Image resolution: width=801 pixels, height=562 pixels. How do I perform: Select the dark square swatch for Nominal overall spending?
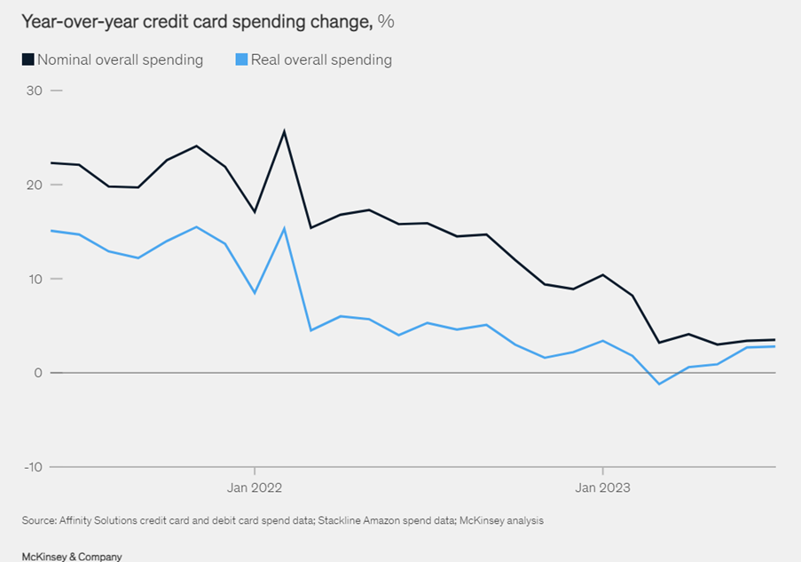(x=27, y=59)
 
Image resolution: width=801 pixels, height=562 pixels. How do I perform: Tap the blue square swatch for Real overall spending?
(x=241, y=59)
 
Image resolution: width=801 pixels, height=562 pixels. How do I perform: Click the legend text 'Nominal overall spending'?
(x=120, y=60)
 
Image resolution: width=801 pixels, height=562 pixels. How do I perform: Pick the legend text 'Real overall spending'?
(x=321, y=60)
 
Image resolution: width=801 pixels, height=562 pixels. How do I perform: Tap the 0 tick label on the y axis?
(x=38, y=373)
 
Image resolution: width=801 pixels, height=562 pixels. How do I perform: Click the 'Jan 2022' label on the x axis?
(x=255, y=487)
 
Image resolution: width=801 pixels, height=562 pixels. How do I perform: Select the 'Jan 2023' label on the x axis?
(x=602, y=487)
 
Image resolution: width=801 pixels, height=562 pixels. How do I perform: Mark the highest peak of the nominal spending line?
(x=284, y=131)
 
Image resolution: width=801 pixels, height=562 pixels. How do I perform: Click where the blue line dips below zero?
(x=659, y=384)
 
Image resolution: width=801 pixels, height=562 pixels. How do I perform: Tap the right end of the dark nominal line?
(x=775, y=340)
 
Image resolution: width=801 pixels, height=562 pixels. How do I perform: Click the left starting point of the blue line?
(x=51, y=231)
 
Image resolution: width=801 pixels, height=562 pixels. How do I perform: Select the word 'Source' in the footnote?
(x=38, y=521)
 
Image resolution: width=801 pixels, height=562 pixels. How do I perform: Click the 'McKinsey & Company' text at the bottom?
(x=72, y=556)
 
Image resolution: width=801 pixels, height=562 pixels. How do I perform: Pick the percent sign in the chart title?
(x=386, y=20)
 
